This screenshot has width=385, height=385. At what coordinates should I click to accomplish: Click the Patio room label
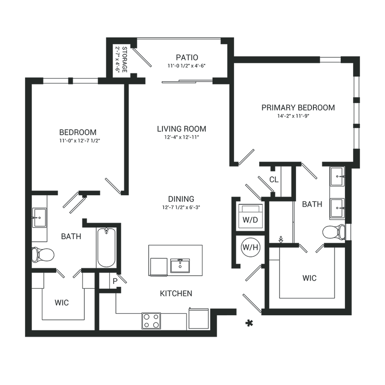tap(187, 57)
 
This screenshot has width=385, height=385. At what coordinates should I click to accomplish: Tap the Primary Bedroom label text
tap(298, 108)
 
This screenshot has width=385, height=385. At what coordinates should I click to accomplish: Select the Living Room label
tap(182, 129)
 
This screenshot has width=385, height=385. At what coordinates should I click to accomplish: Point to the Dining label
tap(181, 199)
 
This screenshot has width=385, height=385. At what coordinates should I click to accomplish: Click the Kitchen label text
tap(176, 294)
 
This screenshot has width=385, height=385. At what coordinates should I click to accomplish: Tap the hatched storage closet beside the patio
tap(121, 58)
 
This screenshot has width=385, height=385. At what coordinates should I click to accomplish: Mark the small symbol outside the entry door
tap(249, 323)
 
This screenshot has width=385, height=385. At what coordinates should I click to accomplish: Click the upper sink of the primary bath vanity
tap(337, 176)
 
